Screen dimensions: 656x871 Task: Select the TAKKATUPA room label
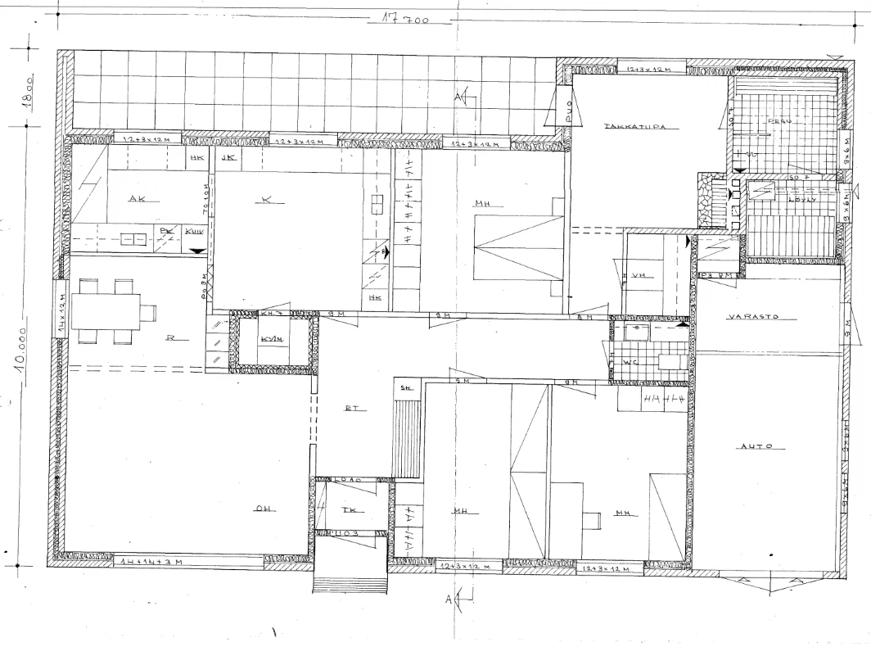click(x=633, y=127)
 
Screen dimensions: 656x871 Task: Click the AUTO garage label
click(x=758, y=447)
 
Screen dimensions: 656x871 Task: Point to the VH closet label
click(x=639, y=276)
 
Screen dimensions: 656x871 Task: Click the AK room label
click(x=137, y=198)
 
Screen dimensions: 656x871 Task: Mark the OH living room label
click(x=263, y=509)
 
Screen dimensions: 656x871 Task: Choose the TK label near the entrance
click(x=348, y=509)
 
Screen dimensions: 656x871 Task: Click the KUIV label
click(x=194, y=232)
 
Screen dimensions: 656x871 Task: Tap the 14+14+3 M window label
click(x=148, y=563)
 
